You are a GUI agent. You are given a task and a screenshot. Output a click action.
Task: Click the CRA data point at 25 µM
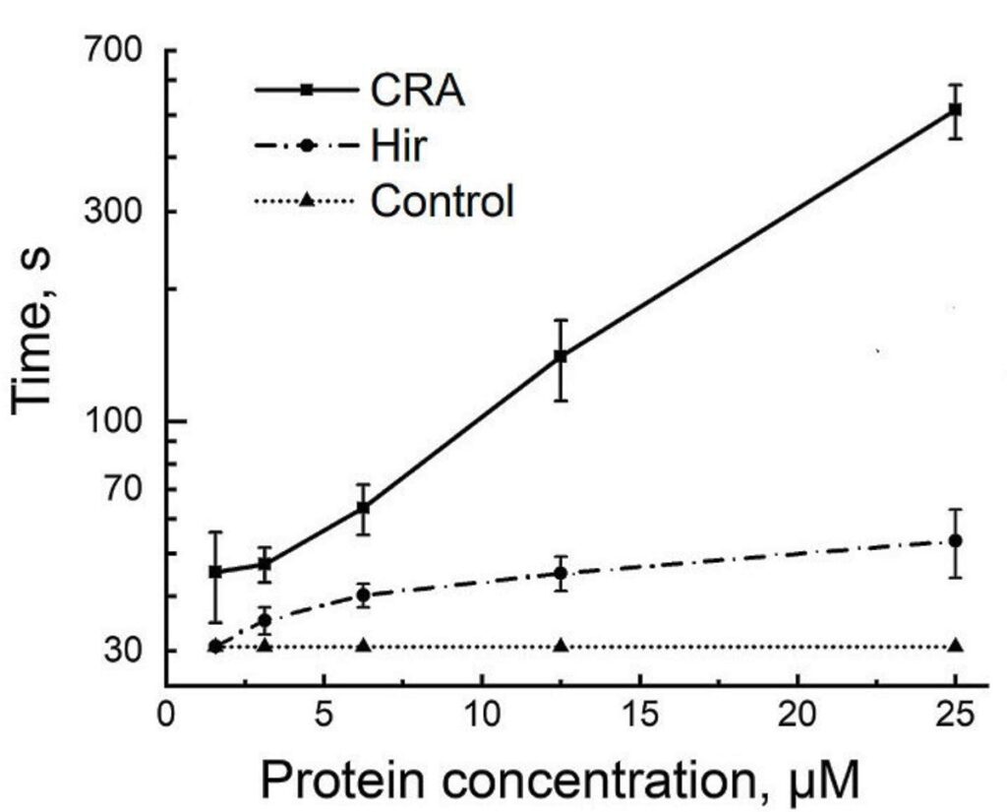tap(954, 109)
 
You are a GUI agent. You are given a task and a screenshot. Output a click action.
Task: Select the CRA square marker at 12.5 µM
tap(561, 356)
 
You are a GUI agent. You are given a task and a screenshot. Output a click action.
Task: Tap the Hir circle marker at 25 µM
tap(954, 540)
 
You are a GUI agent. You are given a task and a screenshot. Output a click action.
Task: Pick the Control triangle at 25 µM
tap(954, 646)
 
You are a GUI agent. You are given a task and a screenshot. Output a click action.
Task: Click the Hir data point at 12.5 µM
tap(561, 573)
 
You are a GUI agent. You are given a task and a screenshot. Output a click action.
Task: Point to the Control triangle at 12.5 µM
tap(561, 646)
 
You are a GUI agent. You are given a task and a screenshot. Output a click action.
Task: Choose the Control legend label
tap(443, 202)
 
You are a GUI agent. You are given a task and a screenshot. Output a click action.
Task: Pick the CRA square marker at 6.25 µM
tap(363, 508)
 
